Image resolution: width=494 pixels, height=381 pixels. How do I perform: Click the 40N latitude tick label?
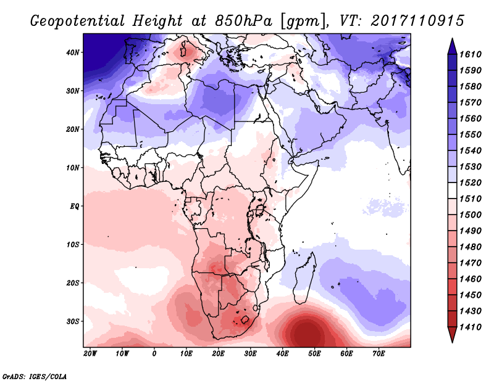coord(73,52)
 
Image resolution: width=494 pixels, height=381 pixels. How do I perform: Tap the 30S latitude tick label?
coord(73,321)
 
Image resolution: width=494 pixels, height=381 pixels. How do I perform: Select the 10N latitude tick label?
coord(73,168)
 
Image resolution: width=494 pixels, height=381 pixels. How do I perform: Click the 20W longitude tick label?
coord(90,354)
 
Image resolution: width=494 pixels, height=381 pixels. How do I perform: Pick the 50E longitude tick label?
coord(314,354)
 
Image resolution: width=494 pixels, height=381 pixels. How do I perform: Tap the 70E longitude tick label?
coord(379,354)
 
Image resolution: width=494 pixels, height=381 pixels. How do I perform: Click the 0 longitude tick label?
coord(154,354)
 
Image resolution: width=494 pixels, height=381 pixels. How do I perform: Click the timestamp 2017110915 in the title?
coord(418,20)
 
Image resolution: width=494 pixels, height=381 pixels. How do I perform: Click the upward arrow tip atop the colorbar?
coord(452,41)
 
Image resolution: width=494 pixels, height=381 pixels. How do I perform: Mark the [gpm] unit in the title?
coord(301,20)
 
